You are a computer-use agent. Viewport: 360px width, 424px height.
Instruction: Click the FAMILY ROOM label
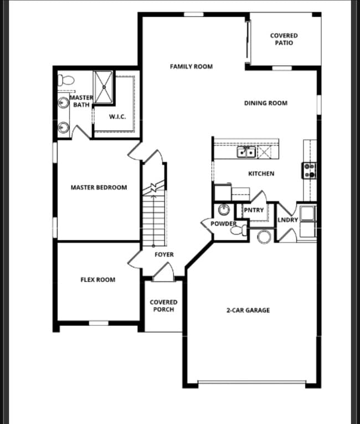(191, 67)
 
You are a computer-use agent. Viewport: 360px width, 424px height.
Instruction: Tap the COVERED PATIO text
(284, 39)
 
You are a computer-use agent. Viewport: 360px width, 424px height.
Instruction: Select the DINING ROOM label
(266, 103)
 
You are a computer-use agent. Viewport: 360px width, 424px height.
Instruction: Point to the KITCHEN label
(261, 173)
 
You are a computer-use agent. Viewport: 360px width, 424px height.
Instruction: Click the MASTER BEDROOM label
(99, 187)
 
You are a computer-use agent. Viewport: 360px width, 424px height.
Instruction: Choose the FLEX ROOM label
(98, 280)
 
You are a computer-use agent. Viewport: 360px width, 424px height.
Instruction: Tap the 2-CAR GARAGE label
(248, 310)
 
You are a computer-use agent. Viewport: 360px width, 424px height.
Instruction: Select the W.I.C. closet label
(117, 116)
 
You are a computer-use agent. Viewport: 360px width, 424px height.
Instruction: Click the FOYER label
(164, 254)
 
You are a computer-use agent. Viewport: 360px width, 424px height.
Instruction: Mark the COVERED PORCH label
(164, 305)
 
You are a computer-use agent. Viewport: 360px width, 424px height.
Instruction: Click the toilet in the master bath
(66, 79)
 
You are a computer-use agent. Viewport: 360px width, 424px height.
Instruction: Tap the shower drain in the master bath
(102, 87)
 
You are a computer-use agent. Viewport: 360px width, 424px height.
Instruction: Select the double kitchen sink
(246, 151)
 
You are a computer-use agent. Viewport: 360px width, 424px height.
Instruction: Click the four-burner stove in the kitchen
(309, 171)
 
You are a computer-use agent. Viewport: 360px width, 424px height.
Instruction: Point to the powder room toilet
(240, 231)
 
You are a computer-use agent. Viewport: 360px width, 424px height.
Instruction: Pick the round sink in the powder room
(224, 210)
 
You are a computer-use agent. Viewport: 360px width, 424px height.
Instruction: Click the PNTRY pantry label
(254, 210)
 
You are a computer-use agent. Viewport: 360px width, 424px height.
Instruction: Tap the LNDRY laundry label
(287, 220)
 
